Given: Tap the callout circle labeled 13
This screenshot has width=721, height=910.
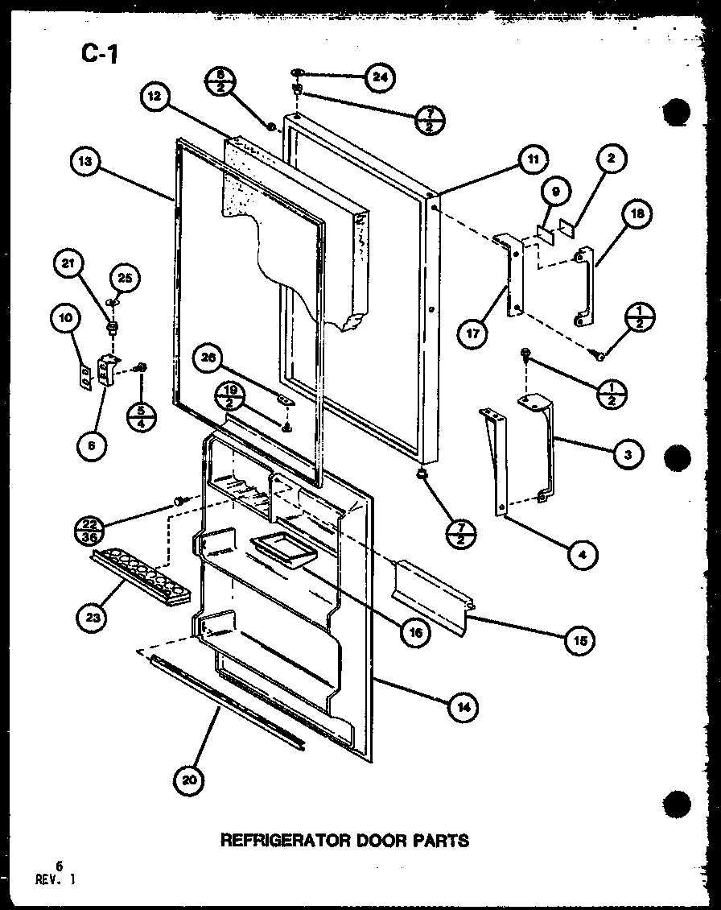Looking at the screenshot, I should click(86, 161).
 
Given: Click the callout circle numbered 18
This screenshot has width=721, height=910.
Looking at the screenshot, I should click(637, 214).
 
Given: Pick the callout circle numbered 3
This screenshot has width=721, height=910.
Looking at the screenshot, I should click(628, 455).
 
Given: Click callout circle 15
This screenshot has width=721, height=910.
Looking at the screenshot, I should click(580, 640).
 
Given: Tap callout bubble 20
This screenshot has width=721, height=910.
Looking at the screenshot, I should click(189, 780).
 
